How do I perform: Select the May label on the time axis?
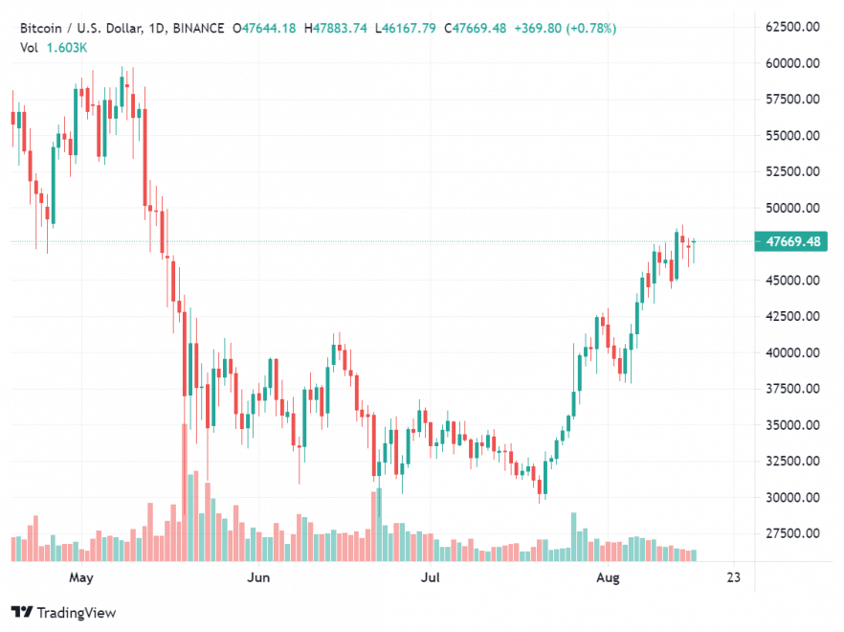coord(81,578)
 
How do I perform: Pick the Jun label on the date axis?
coord(256,578)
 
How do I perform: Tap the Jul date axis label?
coord(432,578)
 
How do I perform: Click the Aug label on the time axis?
coord(606,578)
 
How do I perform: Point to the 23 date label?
coord(734,578)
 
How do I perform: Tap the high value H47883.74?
coord(336,28)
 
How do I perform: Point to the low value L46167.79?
coord(408,28)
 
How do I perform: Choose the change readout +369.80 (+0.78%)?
coord(566,28)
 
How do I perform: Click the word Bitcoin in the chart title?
coord(39,28)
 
